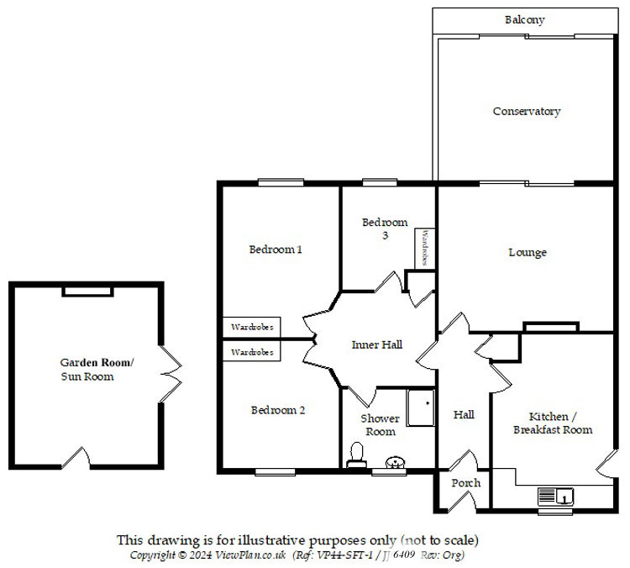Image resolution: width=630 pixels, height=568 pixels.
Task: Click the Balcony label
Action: pyautogui.click(x=524, y=19)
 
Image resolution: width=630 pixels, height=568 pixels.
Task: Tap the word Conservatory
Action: pyautogui.click(x=527, y=112)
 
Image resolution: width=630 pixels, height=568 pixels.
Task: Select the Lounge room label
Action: pyautogui.click(x=528, y=252)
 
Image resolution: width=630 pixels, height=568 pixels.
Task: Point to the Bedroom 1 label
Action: pyautogui.click(x=276, y=250)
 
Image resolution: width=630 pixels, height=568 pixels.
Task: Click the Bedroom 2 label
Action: pyautogui.click(x=278, y=410)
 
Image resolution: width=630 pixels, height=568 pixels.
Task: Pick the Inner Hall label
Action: pyautogui.click(x=376, y=344)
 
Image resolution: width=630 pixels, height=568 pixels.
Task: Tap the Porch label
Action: pyautogui.click(x=465, y=483)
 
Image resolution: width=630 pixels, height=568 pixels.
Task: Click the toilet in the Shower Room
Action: pyautogui.click(x=356, y=455)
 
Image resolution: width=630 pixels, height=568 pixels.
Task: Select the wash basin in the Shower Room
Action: pyautogui.click(x=396, y=462)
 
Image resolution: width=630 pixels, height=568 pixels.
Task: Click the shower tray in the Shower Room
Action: pyautogui.click(x=420, y=408)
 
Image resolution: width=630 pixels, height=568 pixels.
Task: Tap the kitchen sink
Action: pyautogui.click(x=556, y=496)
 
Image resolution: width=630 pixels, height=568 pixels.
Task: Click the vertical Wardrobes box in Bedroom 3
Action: pyautogui.click(x=425, y=249)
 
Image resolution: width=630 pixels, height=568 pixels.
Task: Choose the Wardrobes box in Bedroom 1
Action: pyautogui.click(x=252, y=327)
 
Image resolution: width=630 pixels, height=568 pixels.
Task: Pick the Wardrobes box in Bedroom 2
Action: pyautogui.click(x=252, y=352)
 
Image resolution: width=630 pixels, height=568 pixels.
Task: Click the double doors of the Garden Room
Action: pyautogui.click(x=171, y=374)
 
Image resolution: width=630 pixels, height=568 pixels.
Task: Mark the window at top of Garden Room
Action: pyautogui.click(x=87, y=291)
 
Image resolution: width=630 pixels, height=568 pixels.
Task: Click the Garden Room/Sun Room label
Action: pyautogui.click(x=97, y=370)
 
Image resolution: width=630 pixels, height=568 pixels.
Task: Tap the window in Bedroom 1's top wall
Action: pyautogui.click(x=281, y=182)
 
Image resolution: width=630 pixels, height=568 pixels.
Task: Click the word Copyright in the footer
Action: pyautogui.click(x=153, y=555)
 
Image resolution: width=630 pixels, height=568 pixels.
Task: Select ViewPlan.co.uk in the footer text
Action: pyautogui.click(x=250, y=555)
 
